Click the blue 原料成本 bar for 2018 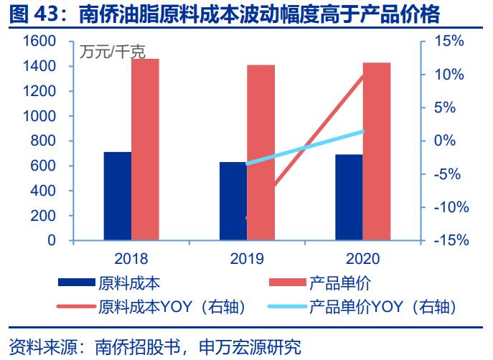point(118,196)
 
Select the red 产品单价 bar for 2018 point(145,150)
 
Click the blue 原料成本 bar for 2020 point(349,198)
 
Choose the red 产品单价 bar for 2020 point(377,151)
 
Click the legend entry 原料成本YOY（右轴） point(172,307)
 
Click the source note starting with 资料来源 point(154,347)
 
